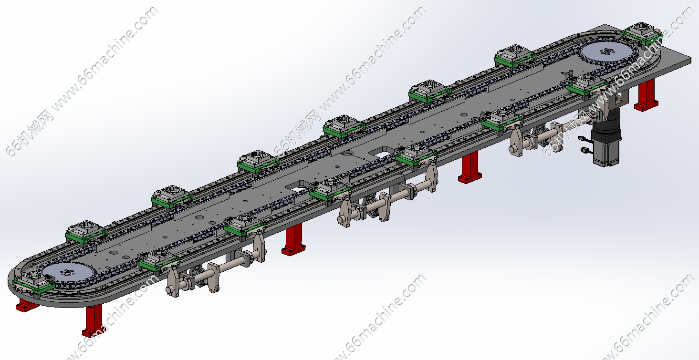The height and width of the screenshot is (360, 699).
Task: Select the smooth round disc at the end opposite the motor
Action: click(67, 273)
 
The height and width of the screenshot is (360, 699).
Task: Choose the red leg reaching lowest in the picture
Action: click(93, 321)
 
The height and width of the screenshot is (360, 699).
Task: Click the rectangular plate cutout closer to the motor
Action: click(381, 154)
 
